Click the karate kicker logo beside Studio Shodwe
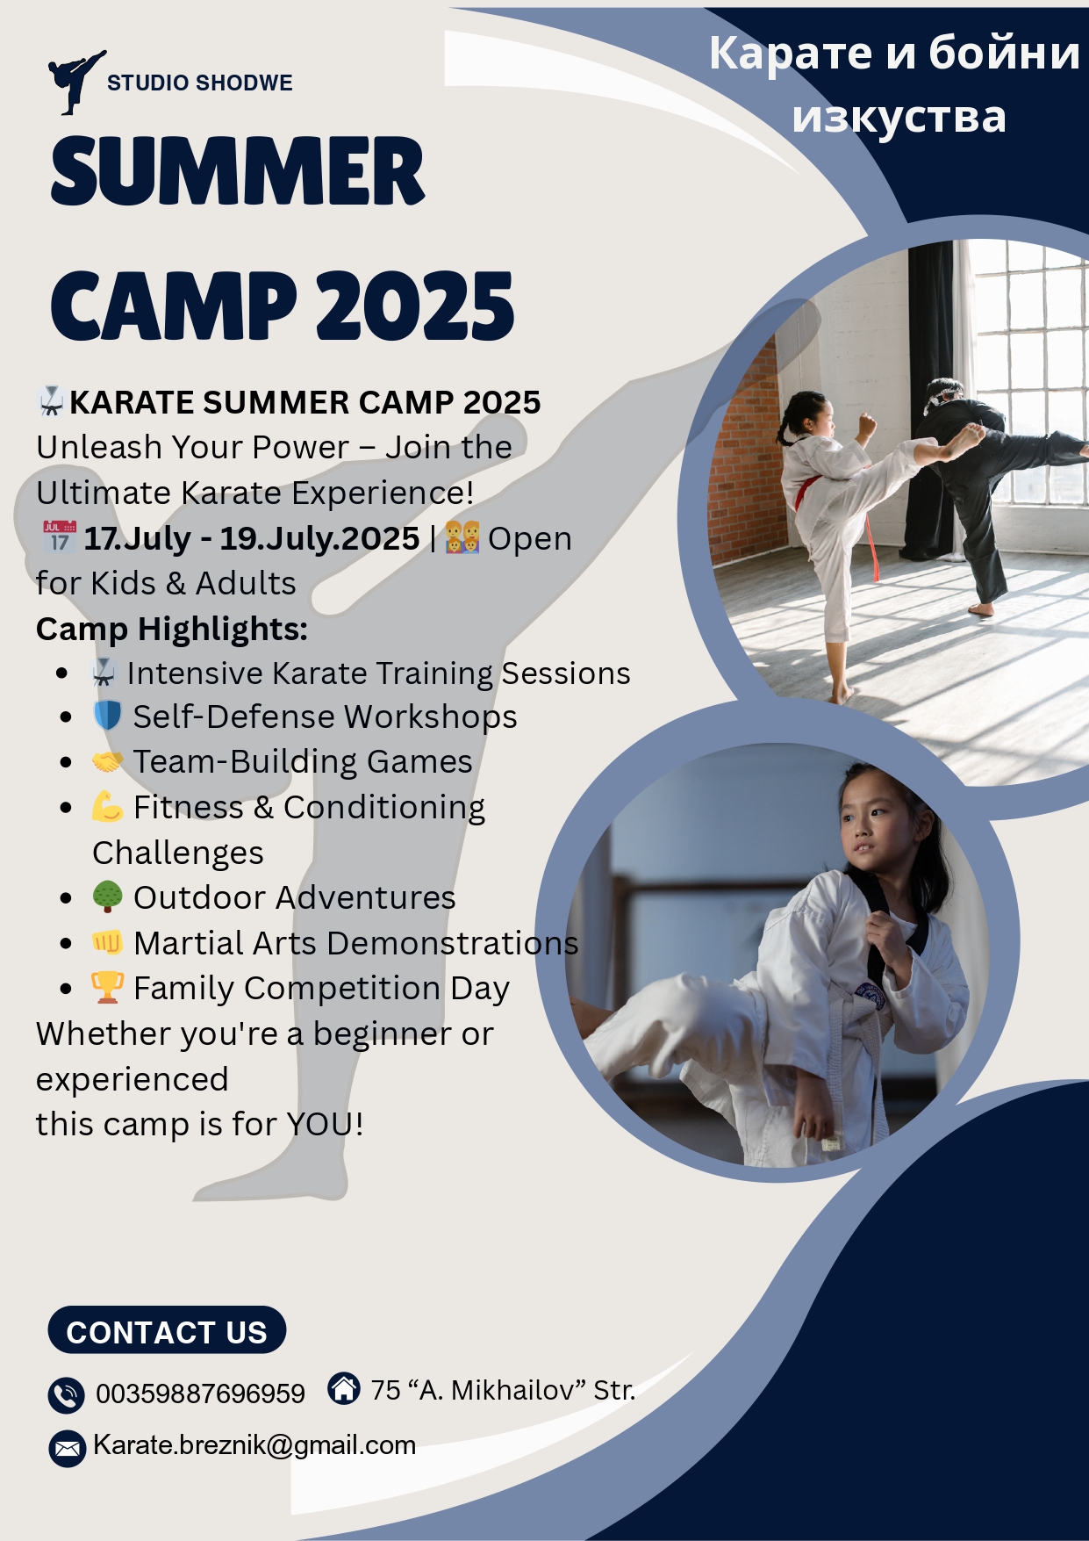[75, 82]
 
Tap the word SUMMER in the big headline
[238, 171]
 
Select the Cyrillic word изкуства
[899, 117]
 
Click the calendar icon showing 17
[60, 536]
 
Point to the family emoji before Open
[462, 536]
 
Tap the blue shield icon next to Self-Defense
[107, 716]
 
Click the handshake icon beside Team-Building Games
[107, 761]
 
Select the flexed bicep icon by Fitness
[107, 806]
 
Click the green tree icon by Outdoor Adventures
[107, 897]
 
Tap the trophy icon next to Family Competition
[107, 987]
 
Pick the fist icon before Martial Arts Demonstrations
[107, 942]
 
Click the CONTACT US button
[167, 1330]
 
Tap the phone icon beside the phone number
[66, 1394]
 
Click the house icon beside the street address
[344, 1388]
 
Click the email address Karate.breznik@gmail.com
[254, 1445]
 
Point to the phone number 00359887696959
[200, 1393]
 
